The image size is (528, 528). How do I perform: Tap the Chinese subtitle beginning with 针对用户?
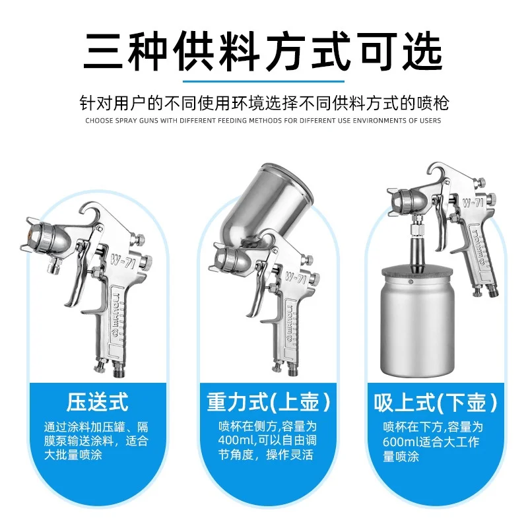264,104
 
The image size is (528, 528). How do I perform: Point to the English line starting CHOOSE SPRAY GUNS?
264,121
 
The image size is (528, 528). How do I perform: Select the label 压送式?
97,401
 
